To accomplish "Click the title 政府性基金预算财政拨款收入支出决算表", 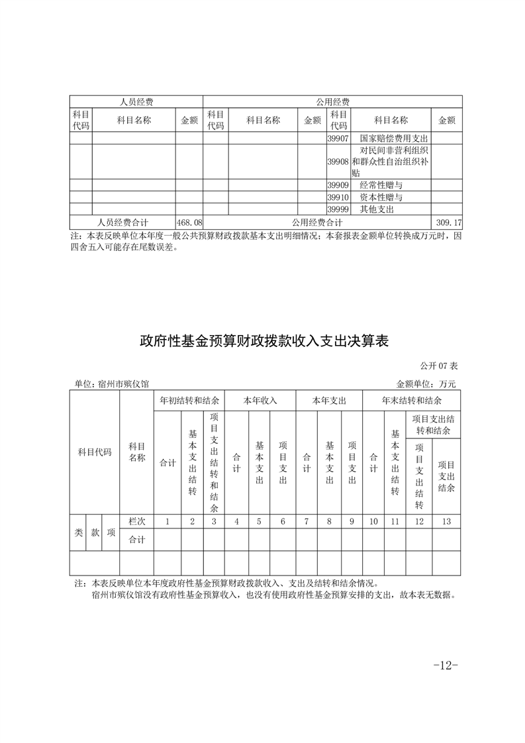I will point(263,342).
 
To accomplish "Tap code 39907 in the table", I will point(338,139).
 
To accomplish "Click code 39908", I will point(338,162).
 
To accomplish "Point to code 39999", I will point(338,209).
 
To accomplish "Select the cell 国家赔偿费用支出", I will point(395,139).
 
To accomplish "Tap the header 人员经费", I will point(136,102).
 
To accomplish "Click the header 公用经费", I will point(332,102).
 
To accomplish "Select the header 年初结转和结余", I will point(189,401).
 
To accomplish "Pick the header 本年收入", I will point(260,401).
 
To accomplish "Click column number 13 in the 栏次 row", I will point(446,522).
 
